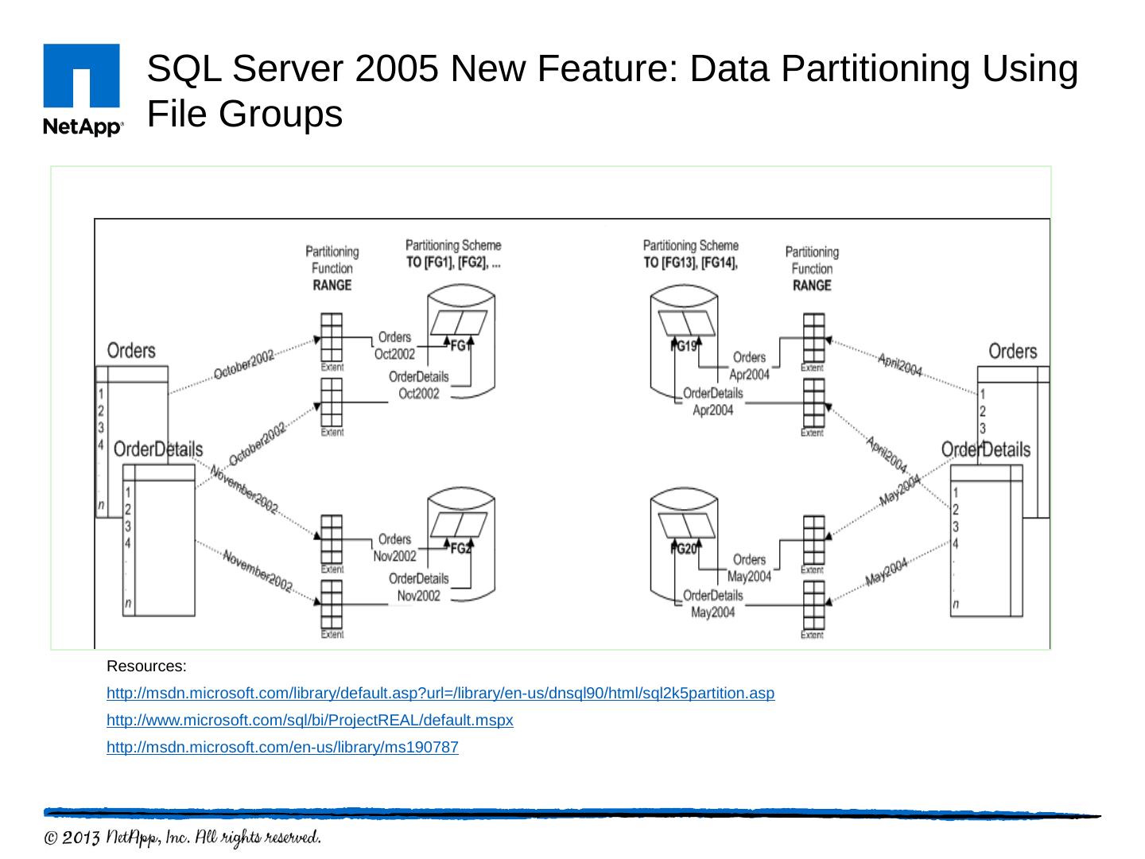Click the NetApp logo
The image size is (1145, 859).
pos(82,90)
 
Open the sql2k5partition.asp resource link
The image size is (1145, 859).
pos(440,694)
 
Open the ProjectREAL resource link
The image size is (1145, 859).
pos(309,721)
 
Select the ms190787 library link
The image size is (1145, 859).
pos(282,748)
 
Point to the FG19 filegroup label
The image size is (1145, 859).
pos(684,347)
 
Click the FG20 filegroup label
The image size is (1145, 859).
pos(684,549)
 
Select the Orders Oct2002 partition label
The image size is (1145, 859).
pos(394,346)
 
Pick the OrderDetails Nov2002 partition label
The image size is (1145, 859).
pos(418,587)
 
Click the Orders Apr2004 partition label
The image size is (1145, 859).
pos(749,366)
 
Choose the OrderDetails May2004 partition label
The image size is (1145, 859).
pos(712,604)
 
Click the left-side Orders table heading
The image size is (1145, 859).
pos(131,351)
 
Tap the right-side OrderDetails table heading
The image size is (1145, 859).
pos(985,449)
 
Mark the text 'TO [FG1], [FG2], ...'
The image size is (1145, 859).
pos(453,262)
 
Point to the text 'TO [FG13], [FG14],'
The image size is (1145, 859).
pos(690,262)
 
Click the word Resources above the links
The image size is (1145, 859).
pos(146,666)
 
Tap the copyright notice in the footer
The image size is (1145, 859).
pos(182,838)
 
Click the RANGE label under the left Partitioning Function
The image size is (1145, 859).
pos(332,286)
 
